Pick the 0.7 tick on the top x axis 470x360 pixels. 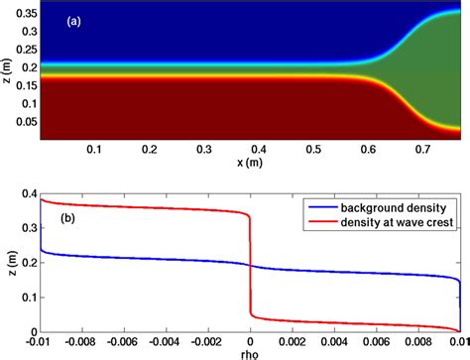point(420,147)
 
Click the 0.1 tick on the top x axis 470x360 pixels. point(95,147)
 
